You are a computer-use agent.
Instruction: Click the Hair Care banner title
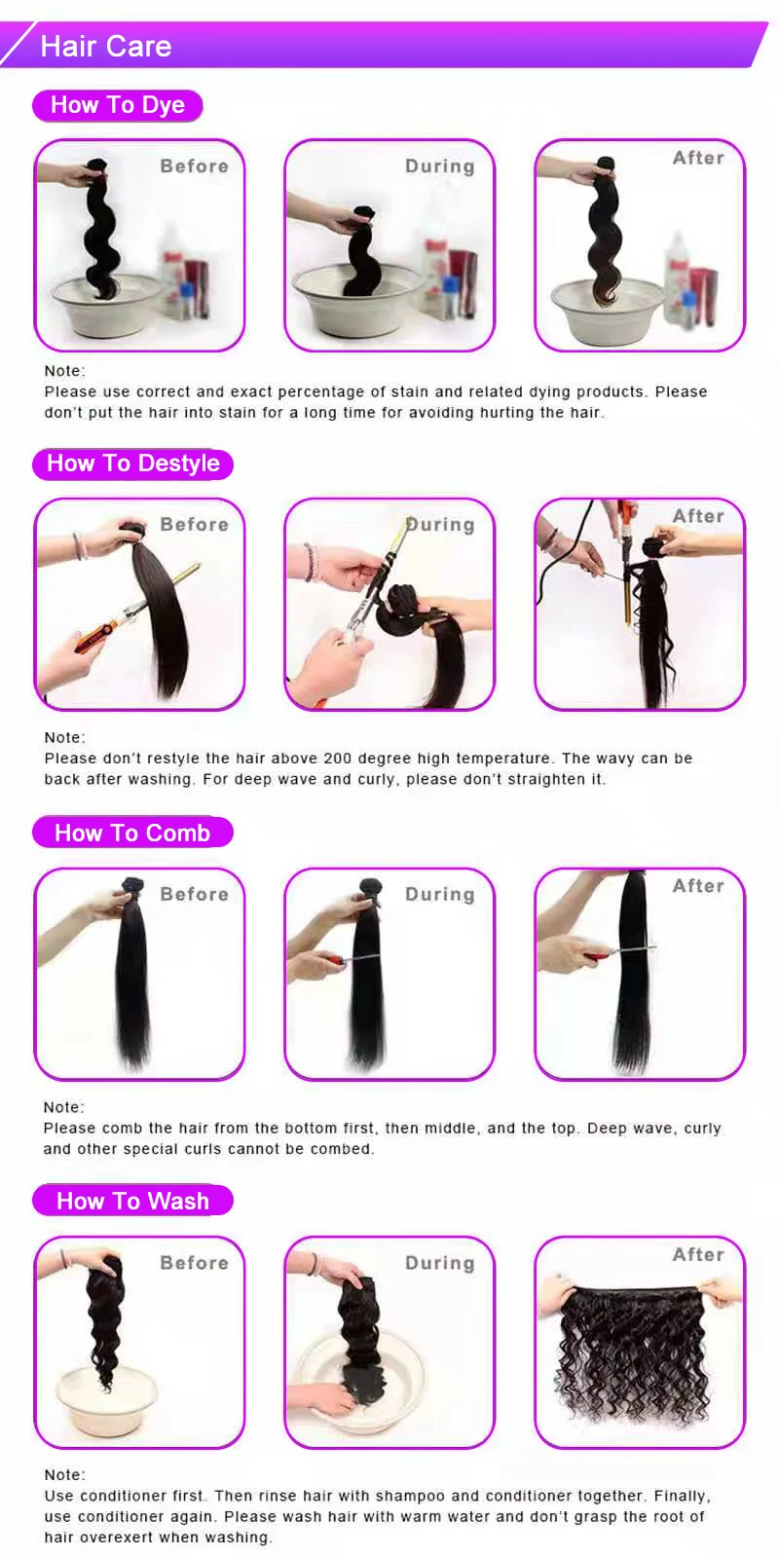pyautogui.click(x=105, y=46)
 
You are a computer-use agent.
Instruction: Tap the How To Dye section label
pyautogui.click(x=118, y=105)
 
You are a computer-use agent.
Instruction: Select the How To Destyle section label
pyautogui.click(x=133, y=464)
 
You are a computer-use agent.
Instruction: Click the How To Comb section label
pyautogui.click(x=132, y=833)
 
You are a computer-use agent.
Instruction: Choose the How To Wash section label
pyautogui.click(x=132, y=1201)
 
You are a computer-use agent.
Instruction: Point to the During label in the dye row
pyautogui.click(x=439, y=167)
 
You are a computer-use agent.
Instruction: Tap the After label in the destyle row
pyautogui.click(x=698, y=516)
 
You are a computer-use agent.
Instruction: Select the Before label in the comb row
pyautogui.click(x=194, y=894)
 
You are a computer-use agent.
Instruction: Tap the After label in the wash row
pyautogui.click(x=698, y=1254)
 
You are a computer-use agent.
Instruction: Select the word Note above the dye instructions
pyautogui.click(x=64, y=371)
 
